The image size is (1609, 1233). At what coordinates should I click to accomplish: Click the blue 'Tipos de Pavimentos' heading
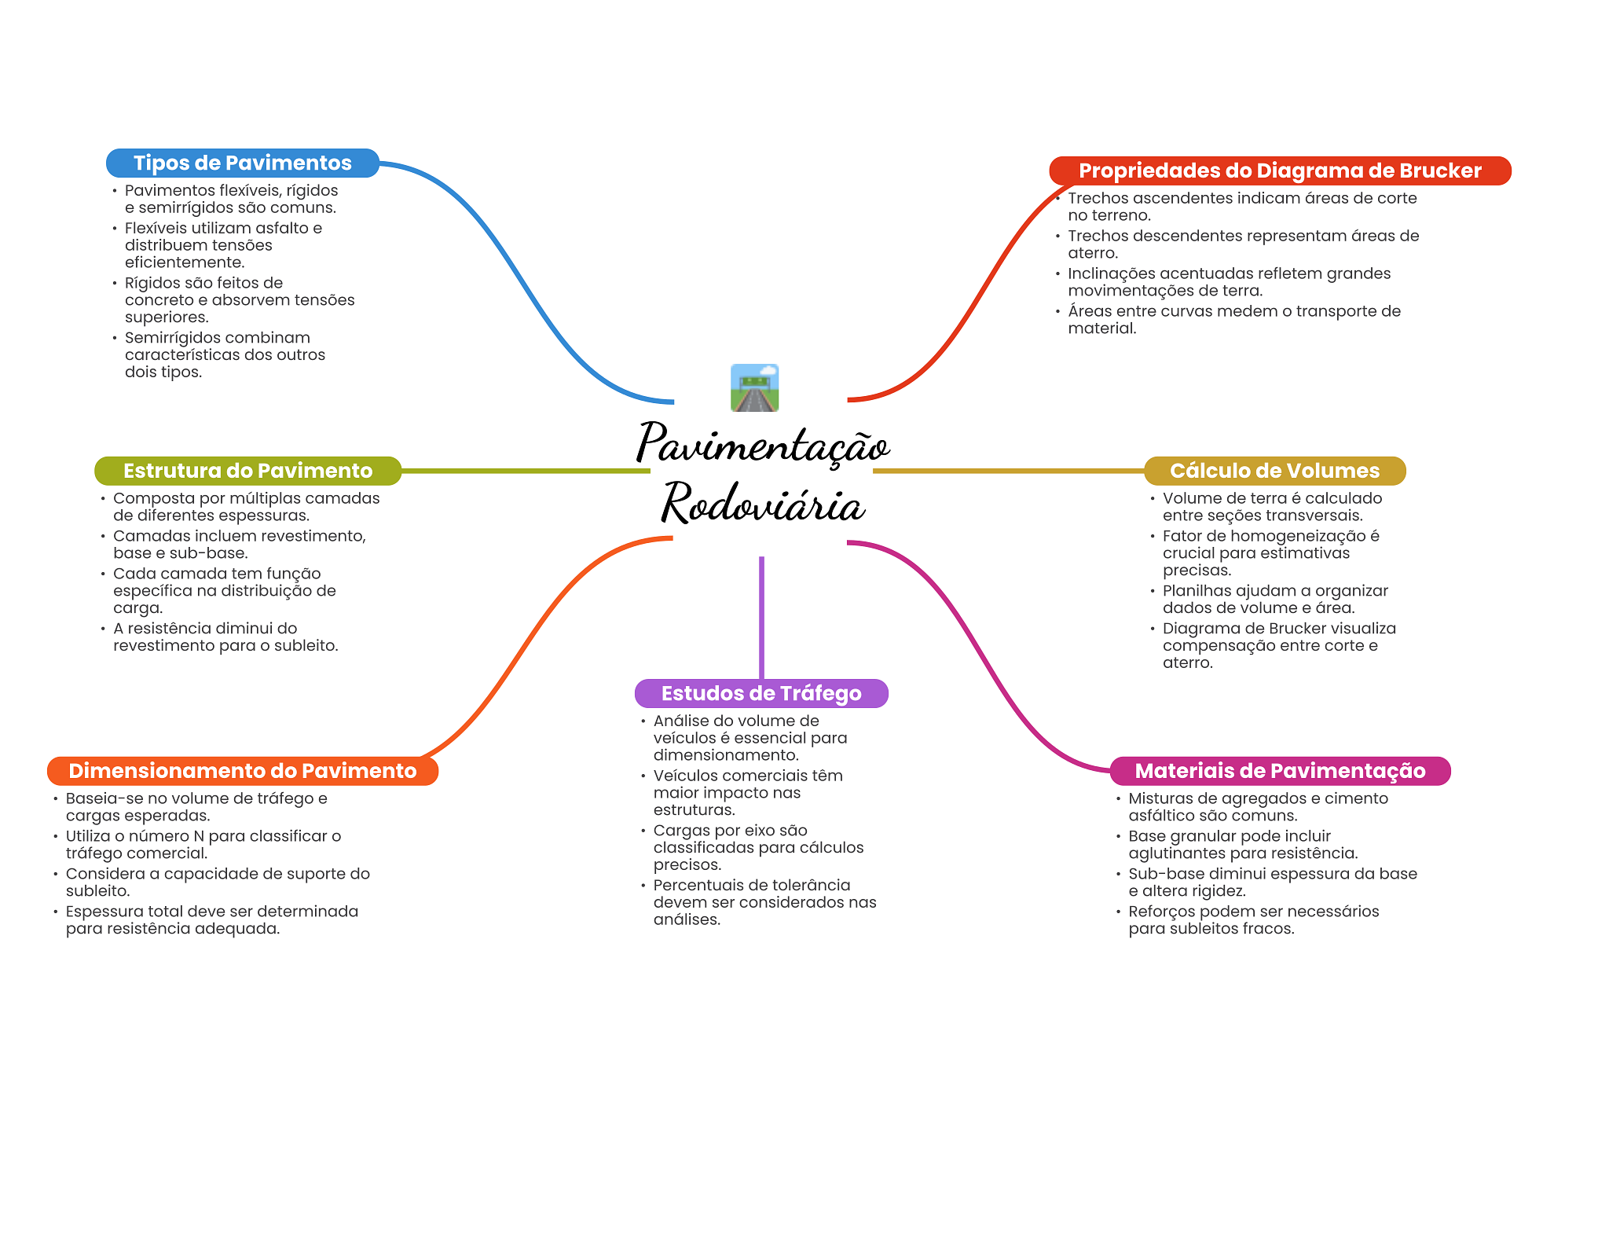coord(242,163)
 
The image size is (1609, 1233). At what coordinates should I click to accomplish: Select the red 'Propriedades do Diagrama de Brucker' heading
coord(1279,171)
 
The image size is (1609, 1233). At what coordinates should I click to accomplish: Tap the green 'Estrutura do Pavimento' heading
coord(247,471)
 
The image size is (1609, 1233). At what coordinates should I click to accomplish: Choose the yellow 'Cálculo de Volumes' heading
coord(1274,471)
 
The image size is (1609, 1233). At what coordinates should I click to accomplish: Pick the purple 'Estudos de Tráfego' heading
coord(761,693)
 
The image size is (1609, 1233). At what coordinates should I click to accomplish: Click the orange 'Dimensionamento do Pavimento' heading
coord(242,770)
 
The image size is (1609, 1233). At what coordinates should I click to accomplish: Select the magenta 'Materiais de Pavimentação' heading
coord(1279,770)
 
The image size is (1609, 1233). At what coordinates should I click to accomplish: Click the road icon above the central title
coord(754,387)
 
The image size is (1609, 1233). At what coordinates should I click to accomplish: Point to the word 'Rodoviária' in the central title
coord(762,504)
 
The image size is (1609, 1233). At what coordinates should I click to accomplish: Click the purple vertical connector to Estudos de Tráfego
coord(761,617)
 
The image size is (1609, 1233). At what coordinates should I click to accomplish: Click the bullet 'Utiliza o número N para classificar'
coord(203,844)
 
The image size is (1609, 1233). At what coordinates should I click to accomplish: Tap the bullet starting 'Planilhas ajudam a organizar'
coord(1274,599)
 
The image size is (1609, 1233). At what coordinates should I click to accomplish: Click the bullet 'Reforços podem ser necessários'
coord(1253,919)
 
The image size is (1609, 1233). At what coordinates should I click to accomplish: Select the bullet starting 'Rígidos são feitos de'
coord(239,299)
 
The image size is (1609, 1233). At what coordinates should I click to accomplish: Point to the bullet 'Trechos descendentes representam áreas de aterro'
coord(1242,244)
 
